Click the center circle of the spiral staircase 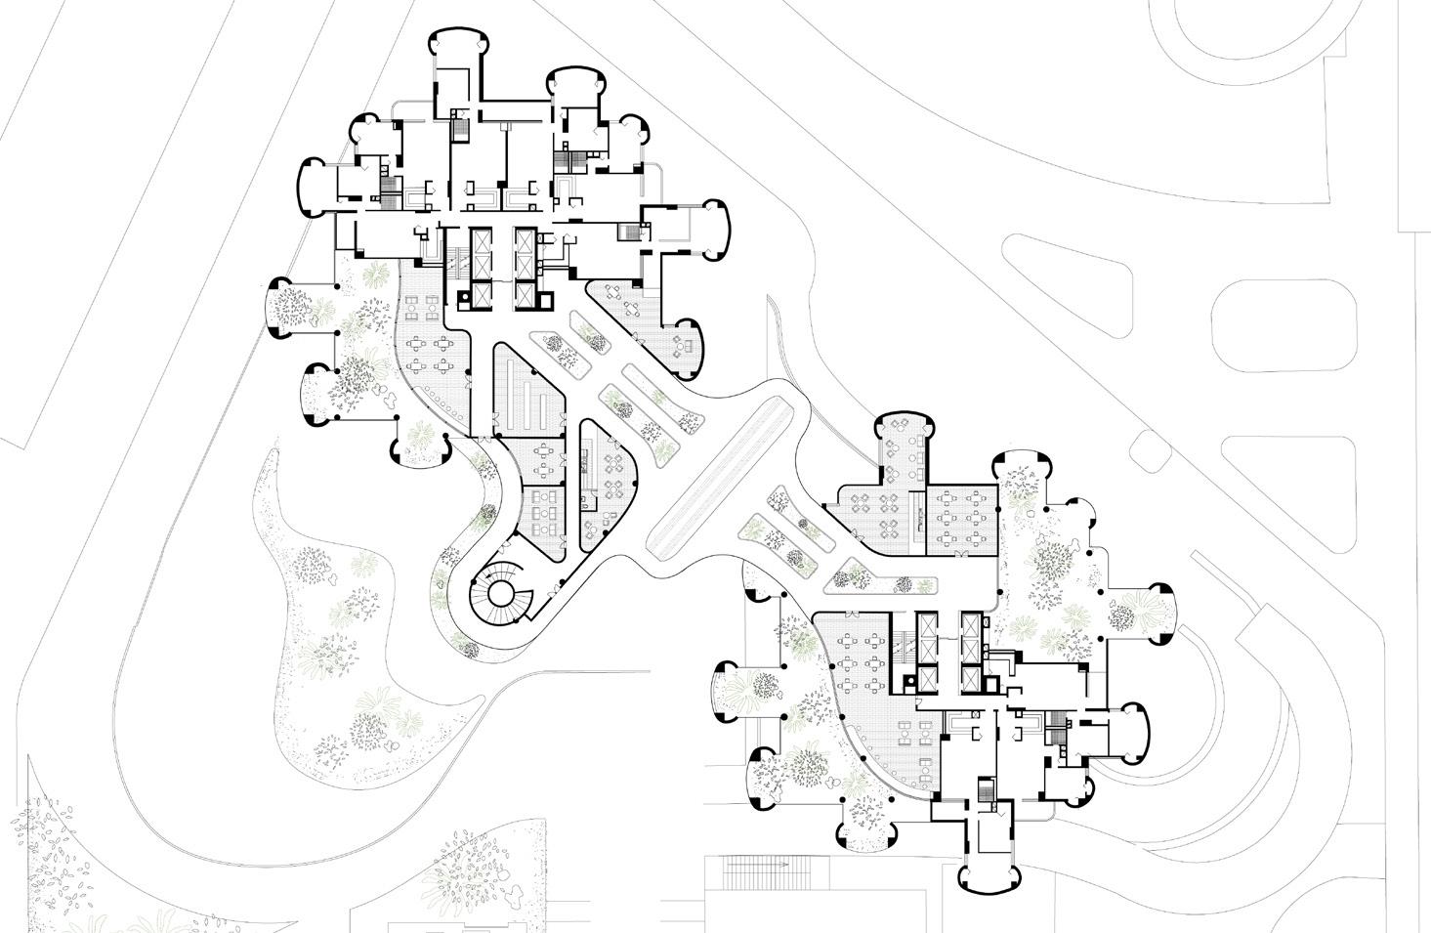coord(504,593)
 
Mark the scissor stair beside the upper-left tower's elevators coord(455,262)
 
